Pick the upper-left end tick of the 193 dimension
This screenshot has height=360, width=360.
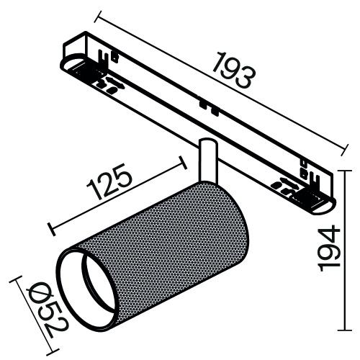(x=96, y=14)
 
